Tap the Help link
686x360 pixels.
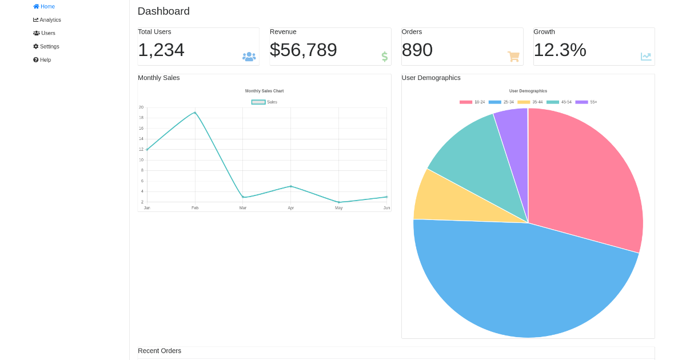[42, 60]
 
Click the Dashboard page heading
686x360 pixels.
[163, 11]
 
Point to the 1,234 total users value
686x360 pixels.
[161, 50]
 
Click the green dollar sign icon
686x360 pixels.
[385, 57]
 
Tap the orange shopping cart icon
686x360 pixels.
[513, 57]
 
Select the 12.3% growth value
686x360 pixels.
[560, 50]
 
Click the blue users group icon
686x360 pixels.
[249, 57]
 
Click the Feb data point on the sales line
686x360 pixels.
[195, 113]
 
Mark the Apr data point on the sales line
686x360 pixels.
[291, 186]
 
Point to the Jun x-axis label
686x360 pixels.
[387, 208]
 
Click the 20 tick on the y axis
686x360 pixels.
[141, 107]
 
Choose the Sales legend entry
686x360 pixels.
[265, 102]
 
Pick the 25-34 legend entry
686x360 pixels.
[501, 102]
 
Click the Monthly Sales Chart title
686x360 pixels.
[264, 91]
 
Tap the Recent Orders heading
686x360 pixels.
[159, 351]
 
